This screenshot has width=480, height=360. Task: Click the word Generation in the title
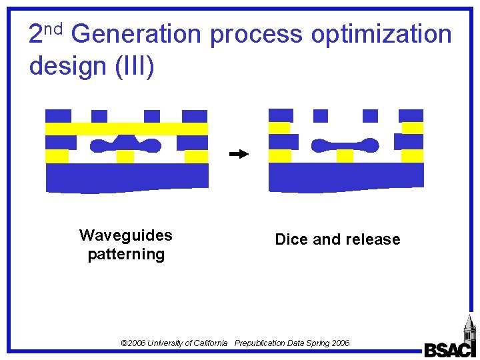[135, 34]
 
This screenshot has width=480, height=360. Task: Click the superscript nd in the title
[54, 28]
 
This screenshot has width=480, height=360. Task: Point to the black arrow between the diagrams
[238, 154]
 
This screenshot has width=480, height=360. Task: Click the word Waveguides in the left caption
[125, 235]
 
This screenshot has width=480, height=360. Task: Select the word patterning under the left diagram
[125, 254]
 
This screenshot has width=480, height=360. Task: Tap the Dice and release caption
[337, 239]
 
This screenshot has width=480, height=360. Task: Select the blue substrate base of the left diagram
[127, 177]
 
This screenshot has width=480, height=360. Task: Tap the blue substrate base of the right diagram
[345, 177]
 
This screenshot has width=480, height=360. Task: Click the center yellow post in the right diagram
[345, 156]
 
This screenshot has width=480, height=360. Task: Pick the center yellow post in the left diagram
[125, 157]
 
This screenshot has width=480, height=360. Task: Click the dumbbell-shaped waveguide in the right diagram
[345, 145]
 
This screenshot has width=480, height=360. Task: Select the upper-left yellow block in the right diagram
[279, 128]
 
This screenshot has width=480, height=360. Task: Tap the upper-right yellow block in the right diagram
[413, 128]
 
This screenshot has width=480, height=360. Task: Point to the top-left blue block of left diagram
[58, 115]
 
